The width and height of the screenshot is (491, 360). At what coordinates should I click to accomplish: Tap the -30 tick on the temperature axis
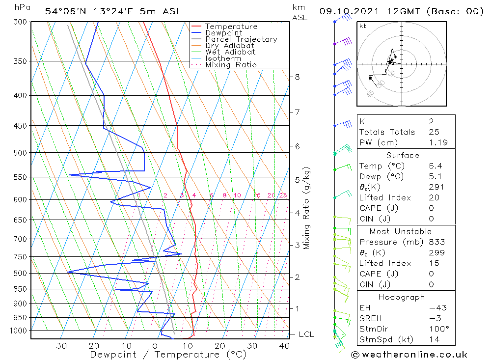[58, 346]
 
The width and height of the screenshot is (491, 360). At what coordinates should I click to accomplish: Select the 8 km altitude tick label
[297, 77]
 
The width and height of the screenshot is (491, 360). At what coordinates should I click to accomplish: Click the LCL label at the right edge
[306, 334]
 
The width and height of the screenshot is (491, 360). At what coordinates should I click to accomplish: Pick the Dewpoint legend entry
[223, 33]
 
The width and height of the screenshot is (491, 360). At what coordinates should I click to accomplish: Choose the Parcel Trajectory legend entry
[241, 39]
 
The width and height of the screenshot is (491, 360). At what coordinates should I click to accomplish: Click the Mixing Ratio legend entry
[231, 65]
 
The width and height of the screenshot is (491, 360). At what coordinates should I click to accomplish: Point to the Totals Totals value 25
[434, 132]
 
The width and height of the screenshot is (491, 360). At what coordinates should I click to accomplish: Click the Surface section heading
[403, 156]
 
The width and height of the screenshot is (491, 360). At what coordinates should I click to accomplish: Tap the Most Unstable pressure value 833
[436, 242]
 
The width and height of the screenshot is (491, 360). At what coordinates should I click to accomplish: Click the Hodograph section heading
[402, 298]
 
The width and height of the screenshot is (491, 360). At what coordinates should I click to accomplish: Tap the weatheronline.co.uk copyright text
[409, 355]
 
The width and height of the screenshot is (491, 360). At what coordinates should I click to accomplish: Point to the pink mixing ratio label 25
[283, 195]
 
